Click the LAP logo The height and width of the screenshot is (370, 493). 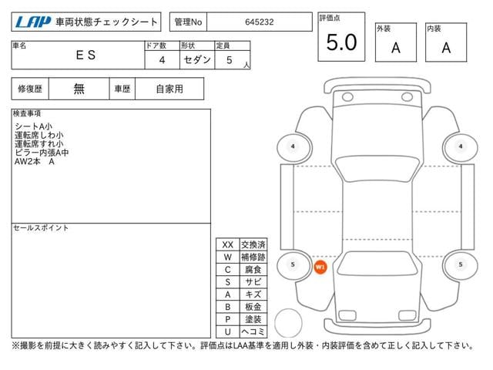click(x=33, y=22)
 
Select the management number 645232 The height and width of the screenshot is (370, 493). click(x=260, y=22)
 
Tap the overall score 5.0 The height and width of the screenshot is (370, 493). click(x=341, y=42)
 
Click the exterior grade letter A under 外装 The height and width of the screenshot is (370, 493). click(x=396, y=48)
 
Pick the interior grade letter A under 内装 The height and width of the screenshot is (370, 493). click(x=446, y=48)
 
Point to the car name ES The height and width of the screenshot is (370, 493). click(x=86, y=55)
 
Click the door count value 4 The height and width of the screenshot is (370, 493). click(x=162, y=60)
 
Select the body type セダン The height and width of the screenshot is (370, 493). click(x=197, y=59)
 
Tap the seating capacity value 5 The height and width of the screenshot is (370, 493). click(x=230, y=60)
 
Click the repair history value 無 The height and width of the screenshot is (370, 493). click(x=79, y=89)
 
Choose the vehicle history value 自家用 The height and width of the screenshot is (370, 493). click(x=169, y=89)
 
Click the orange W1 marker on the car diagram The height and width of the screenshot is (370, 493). click(x=320, y=267)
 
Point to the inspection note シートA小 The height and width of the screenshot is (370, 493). click(x=33, y=126)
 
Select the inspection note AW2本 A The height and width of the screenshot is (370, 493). click(x=34, y=162)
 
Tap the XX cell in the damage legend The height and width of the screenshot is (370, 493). click(x=228, y=244)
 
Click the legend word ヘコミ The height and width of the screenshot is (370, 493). click(x=253, y=331)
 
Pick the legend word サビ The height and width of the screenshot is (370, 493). click(x=253, y=282)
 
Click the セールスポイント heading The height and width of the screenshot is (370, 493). click(x=41, y=228)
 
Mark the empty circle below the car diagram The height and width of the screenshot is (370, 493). click(x=288, y=323)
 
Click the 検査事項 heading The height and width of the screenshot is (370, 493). click(x=27, y=113)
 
